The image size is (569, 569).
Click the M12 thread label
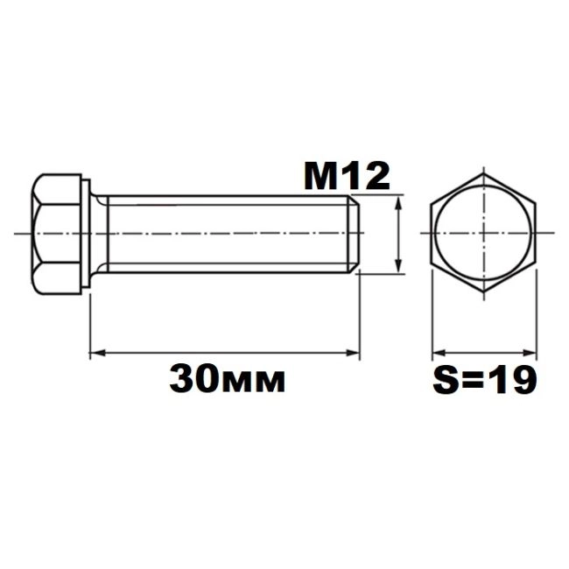(347, 176)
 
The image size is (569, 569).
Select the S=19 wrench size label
(484, 380)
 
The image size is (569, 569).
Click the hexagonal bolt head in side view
(56, 234)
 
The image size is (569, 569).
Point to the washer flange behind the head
(86, 234)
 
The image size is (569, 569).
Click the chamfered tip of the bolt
(355, 234)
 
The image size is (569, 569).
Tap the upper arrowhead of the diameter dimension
(399, 202)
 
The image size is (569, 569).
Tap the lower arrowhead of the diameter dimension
(399, 265)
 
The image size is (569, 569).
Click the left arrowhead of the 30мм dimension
(97, 353)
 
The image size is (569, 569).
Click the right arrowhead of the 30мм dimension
(353, 353)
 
